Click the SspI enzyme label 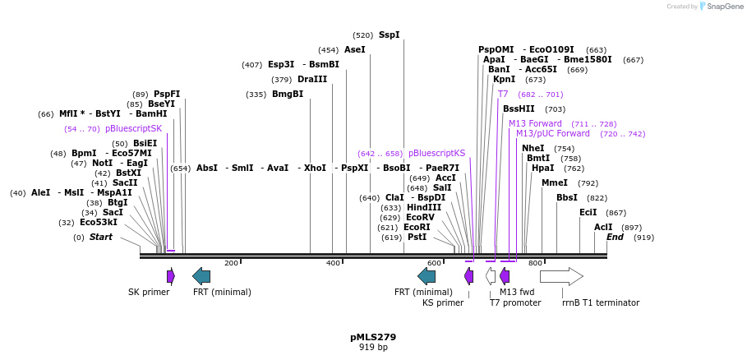tap(389, 35)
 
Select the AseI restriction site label tap(354, 50)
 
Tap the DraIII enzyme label tap(311, 80)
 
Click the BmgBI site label tap(288, 95)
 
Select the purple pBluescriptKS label tap(436, 154)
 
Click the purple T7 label tap(502, 95)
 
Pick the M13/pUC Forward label tap(552, 133)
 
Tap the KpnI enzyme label tap(504, 80)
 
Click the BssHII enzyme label tap(519, 109)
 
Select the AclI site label tap(603, 228)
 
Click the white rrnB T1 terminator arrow tap(561, 276)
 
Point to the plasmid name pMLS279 tap(373, 337)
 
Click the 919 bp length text tap(373, 348)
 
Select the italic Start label tap(101, 238)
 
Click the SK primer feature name tap(149, 292)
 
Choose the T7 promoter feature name tap(515, 302)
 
